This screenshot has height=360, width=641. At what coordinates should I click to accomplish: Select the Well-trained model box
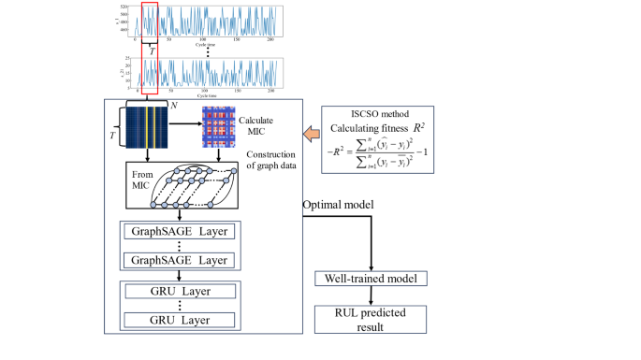pos(370,278)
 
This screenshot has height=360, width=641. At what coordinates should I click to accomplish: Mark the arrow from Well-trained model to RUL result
pos(370,295)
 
